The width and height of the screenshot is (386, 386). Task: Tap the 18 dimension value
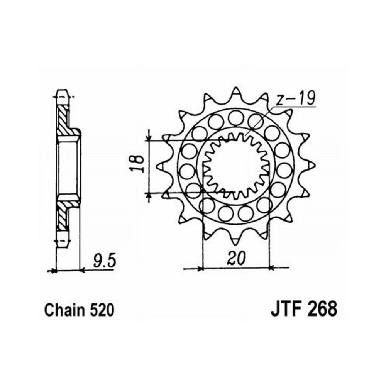pyautogui.click(x=137, y=164)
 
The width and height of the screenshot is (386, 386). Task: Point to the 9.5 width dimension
pyautogui.click(x=104, y=261)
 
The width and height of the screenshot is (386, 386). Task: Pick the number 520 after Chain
pyautogui.click(x=102, y=310)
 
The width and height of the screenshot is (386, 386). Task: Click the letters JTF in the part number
pyautogui.click(x=286, y=310)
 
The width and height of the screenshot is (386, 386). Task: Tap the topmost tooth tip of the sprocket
pyautogui.click(x=236, y=87)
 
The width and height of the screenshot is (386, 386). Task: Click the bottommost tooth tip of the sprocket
pyautogui.click(x=235, y=245)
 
